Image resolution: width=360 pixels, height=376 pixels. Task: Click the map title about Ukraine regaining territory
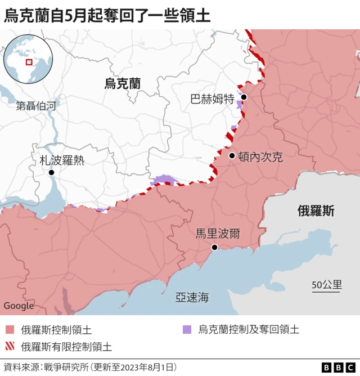107,15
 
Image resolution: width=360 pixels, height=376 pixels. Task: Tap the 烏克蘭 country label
123,84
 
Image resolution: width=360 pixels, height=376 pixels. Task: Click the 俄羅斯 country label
316,211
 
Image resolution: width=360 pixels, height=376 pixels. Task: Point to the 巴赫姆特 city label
212,100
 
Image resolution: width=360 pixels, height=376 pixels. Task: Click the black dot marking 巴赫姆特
244,97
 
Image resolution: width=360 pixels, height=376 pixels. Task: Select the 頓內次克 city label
260,158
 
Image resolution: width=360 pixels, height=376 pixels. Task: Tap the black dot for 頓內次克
232,155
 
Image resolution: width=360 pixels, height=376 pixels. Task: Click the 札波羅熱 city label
62,160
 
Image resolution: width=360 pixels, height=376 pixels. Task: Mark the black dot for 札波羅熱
51,172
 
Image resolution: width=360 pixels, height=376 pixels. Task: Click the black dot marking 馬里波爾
214,247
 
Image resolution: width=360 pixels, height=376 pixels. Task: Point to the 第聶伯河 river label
37,105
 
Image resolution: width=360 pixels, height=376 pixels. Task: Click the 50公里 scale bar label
327,284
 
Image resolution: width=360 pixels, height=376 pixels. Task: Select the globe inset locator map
28,59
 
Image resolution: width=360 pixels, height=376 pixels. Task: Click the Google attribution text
19,306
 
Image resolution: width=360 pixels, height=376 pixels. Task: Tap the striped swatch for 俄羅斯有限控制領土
10,346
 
